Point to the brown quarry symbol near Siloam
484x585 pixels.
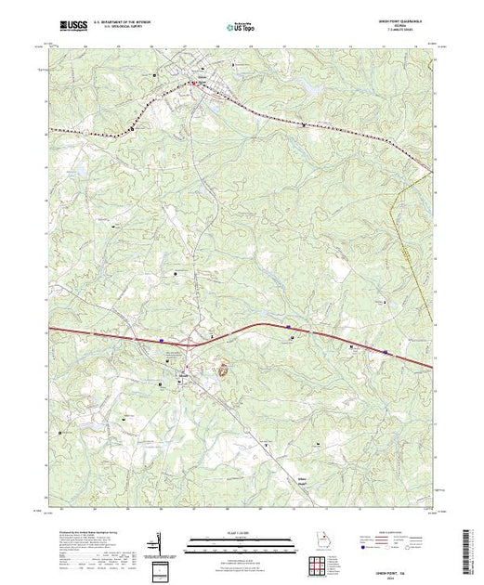click(x=223, y=370)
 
